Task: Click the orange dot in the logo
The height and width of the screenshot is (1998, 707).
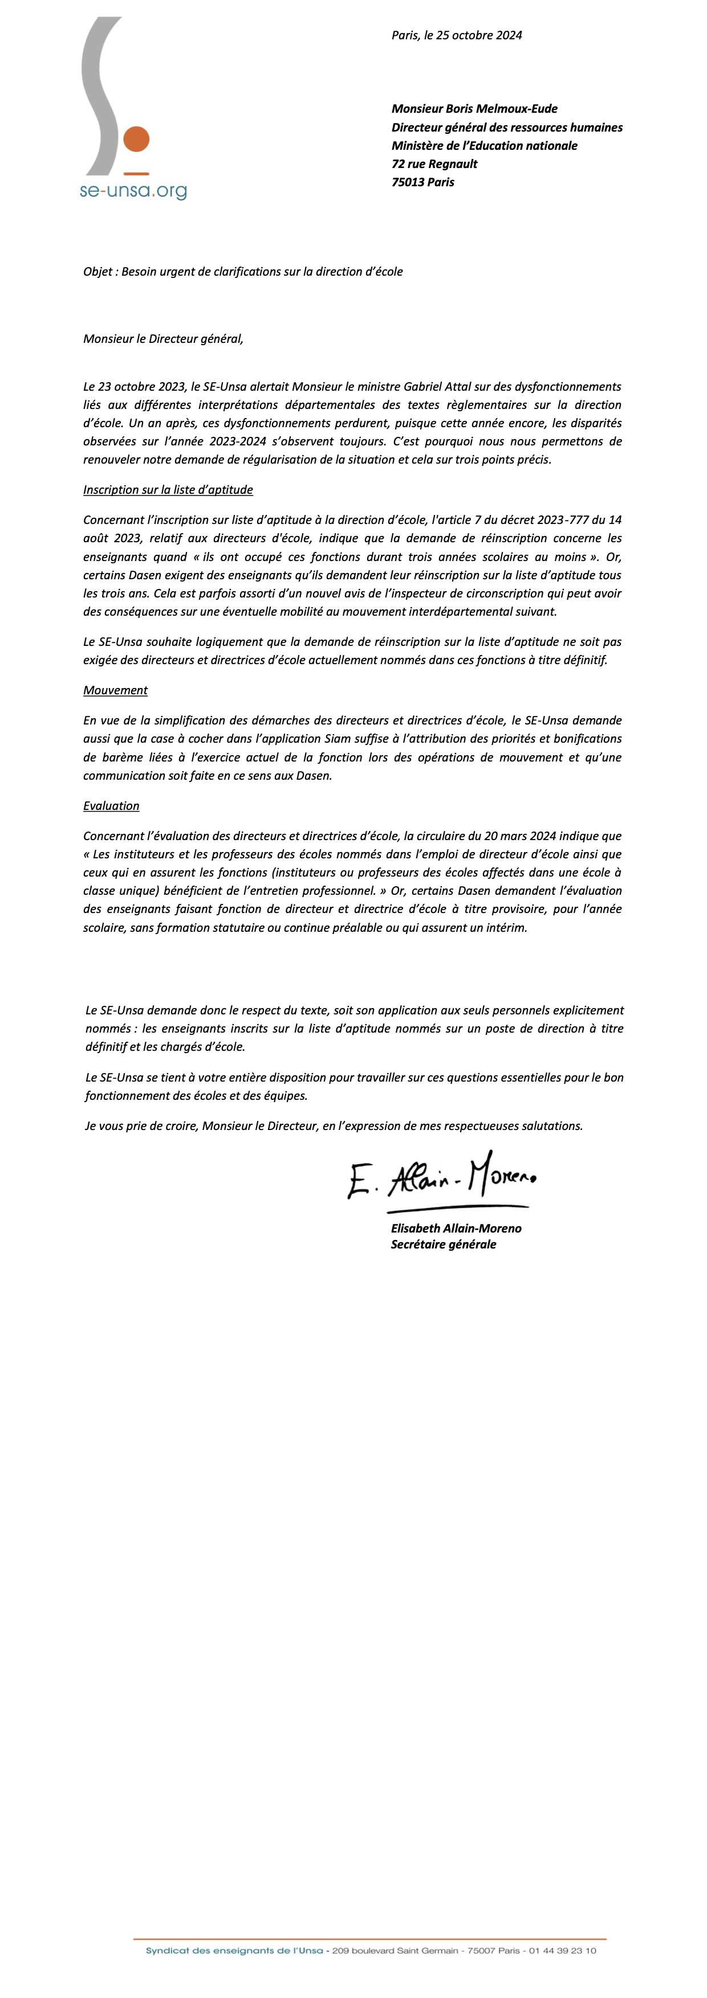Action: click(136, 140)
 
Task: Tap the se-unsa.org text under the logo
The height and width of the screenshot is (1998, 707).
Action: click(133, 190)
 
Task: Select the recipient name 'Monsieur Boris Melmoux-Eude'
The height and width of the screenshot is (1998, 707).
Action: click(474, 109)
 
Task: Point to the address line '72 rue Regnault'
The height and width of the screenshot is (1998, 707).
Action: click(434, 163)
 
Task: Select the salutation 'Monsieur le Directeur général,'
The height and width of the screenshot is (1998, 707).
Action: click(163, 338)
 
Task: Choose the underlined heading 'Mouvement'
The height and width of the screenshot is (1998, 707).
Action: click(115, 690)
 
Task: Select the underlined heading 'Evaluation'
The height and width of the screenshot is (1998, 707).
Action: click(111, 806)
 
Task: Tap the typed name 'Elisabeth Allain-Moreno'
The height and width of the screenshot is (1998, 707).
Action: click(456, 1228)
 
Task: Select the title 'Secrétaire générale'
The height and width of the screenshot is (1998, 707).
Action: click(443, 1244)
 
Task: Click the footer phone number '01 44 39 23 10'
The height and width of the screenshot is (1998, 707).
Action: click(563, 1950)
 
